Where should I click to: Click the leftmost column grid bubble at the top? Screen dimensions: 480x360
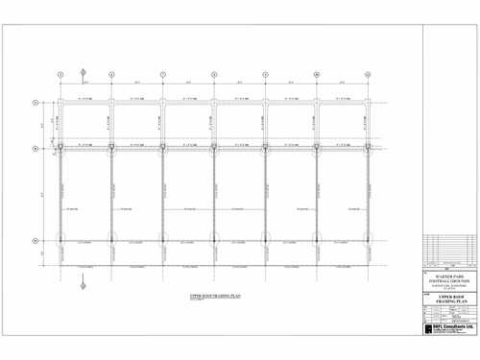pyautogui.click(x=60, y=74)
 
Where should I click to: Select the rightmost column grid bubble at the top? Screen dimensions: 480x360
pyautogui.click(x=368, y=74)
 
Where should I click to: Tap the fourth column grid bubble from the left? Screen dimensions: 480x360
pyautogui.click(x=214, y=74)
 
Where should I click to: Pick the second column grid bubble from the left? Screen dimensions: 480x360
pyautogui.click(x=111, y=74)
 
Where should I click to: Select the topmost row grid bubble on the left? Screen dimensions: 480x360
pyautogui.click(x=35, y=102)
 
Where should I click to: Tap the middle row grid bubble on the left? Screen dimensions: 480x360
pyautogui.click(x=35, y=149)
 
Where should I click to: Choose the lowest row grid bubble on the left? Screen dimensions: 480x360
pyautogui.click(x=35, y=240)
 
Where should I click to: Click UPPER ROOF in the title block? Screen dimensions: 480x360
pyautogui.click(x=448, y=299)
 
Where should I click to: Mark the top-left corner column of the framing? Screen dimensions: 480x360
pyautogui.click(x=60, y=102)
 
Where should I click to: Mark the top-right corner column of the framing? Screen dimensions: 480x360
pyautogui.click(x=368, y=102)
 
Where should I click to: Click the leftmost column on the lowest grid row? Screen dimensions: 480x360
pyautogui.click(x=60, y=240)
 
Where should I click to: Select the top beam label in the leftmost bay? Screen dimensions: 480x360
pyautogui.click(x=85, y=99)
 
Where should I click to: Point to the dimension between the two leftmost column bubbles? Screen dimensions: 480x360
pyautogui.click(x=85, y=82)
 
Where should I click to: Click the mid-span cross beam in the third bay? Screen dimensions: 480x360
pyautogui.click(x=188, y=208)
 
